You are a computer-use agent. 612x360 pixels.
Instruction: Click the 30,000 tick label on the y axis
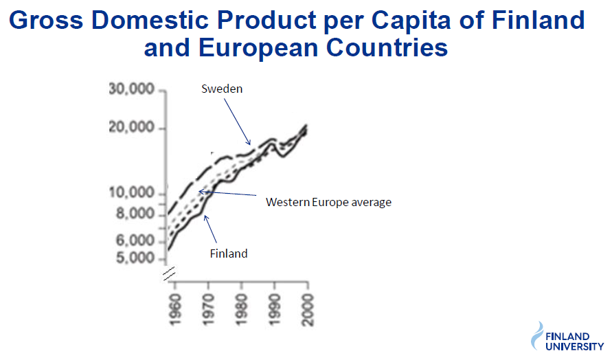click(131, 89)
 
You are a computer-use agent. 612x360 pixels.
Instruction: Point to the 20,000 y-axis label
click(131, 127)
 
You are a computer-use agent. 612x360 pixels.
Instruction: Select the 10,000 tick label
click(131, 193)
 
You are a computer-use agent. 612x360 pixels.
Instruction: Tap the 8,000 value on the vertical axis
click(135, 214)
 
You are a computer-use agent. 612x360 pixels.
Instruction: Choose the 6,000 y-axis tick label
click(135, 240)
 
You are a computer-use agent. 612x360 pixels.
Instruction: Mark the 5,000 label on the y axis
click(135, 258)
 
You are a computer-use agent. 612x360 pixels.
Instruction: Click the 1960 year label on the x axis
click(176, 310)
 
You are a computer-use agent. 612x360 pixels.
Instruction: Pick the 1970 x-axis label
click(208, 310)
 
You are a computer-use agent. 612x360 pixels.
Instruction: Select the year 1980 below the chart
click(242, 310)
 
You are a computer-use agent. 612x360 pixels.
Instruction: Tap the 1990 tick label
click(275, 310)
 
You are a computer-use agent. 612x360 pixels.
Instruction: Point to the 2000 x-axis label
click(308, 310)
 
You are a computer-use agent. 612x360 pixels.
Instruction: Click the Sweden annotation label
click(222, 89)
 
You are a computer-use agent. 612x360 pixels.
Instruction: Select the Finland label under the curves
click(229, 254)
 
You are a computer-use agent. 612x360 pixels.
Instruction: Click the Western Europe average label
click(328, 202)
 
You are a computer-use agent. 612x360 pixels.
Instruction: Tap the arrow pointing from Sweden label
click(237, 122)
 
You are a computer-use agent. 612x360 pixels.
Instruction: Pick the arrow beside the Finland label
click(210, 229)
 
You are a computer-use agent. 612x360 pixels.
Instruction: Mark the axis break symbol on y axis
click(170, 273)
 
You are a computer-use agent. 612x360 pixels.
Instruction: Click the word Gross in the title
click(46, 20)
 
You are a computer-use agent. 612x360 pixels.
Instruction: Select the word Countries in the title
click(387, 47)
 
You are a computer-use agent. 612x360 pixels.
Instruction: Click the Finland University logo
click(567, 337)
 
